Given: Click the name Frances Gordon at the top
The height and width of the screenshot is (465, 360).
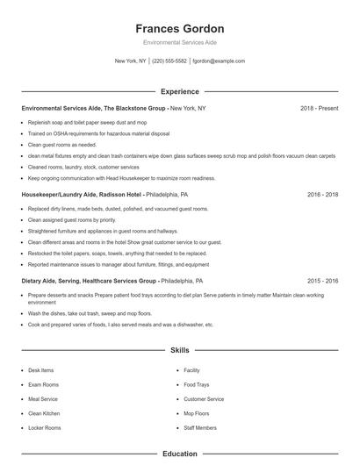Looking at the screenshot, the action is point(180,28).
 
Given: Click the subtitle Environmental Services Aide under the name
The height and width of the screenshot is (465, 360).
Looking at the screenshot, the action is point(180,42).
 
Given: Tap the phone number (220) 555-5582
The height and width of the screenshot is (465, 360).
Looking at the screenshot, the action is point(170,61).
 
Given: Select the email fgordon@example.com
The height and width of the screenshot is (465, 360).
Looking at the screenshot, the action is point(219,61).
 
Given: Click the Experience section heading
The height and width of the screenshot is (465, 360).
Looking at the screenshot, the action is point(180,91).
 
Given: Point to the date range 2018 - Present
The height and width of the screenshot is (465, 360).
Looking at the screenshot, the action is point(319,108).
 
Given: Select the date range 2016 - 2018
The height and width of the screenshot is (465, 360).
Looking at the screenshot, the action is point(322,194).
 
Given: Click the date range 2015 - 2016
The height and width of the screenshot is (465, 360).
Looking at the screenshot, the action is point(322,281).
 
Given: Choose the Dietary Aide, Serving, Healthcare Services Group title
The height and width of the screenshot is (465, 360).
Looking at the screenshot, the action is point(90,281).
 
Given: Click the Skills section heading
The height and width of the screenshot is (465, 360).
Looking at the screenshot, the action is point(180,350).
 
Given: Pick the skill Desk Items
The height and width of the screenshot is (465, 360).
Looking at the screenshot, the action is point(41,370).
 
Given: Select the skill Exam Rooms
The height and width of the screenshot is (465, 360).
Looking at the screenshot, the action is point(43,384).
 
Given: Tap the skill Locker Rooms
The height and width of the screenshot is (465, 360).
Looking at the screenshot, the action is point(44,427).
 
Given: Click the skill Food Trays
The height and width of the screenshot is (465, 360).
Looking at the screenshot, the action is point(197,384).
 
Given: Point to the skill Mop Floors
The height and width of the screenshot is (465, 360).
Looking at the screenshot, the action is point(197,413).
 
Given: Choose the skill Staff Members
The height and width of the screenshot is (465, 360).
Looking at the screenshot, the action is point(200,427).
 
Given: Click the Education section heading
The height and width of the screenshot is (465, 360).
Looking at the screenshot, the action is point(180,454).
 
